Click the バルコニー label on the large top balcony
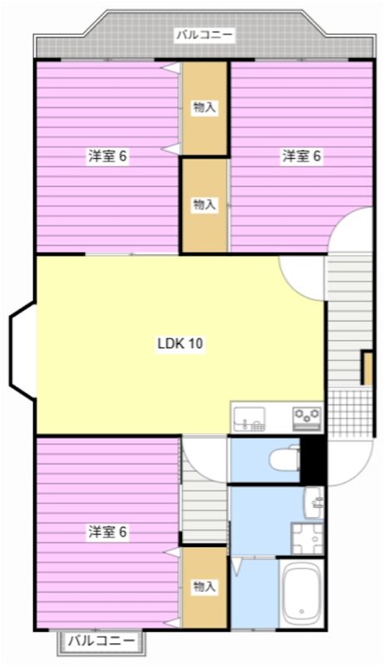coord(204,35)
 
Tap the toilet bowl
coord(284,459)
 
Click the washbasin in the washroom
coord(315,501)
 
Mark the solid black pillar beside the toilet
coord(313,460)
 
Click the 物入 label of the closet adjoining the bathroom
coord(204,587)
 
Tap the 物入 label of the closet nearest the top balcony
coord(204,107)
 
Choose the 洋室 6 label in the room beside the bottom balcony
coord(108,532)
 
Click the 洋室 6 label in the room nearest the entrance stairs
coord(301,155)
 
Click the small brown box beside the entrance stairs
coord(367,368)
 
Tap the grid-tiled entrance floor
coord(349,411)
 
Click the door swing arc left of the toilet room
coord(203,456)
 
